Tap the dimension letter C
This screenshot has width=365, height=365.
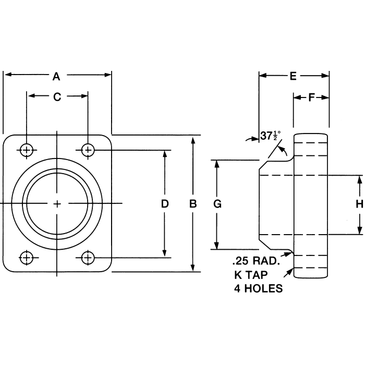(57, 96)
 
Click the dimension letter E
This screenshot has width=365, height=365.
(293, 77)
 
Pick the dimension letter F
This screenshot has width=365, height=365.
(311, 98)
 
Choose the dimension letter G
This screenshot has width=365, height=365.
(218, 204)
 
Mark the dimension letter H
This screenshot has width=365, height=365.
(359, 204)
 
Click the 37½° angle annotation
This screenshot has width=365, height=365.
(270, 137)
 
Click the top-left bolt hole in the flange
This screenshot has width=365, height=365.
(26, 150)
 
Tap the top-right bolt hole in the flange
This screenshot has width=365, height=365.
(88, 150)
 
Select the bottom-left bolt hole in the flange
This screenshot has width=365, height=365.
(26, 257)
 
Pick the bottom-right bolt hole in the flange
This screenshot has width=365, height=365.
(88, 257)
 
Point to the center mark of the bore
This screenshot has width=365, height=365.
(57, 203)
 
